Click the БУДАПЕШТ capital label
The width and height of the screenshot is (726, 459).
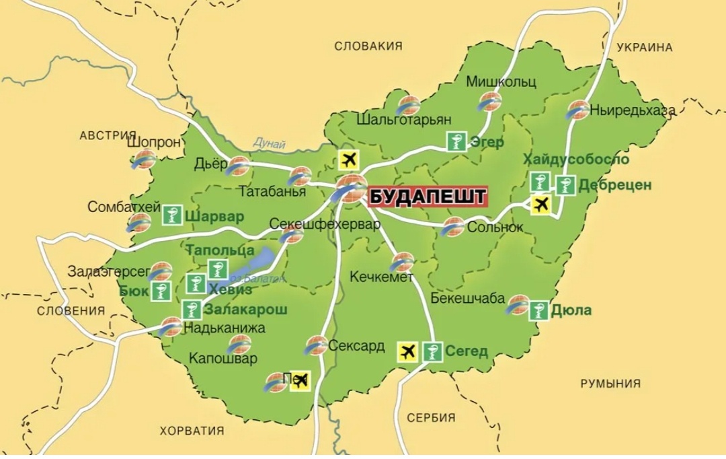pyautogui.click(x=427, y=197)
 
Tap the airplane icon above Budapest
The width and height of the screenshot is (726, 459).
pyautogui.click(x=349, y=160)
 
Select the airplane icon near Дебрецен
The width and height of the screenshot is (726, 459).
pyautogui.click(x=540, y=204)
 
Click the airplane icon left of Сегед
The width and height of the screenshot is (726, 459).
pyautogui.click(x=407, y=351)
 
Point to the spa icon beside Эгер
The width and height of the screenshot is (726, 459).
pyautogui.click(x=456, y=142)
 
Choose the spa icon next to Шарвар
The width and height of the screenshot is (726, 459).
pyautogui.click(x=172, y=216)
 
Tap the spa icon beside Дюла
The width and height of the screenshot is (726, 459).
pyautogui.click(x=538, y=311)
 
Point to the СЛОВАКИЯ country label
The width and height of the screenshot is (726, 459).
pyautogui.click(x=368, y=46)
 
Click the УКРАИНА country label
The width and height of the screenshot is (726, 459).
pyautogui.click(x=644, y=47)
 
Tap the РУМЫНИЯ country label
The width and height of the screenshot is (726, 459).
pyautogui.click(x=610, y=383)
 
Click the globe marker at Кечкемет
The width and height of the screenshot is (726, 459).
pyautogui.click(x=402, y=261)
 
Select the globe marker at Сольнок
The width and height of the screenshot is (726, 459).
pyautogui.click(x=452, y=227)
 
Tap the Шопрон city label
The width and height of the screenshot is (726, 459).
pyautogui.click(x=153, y=143)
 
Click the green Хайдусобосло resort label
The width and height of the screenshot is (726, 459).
pyautogui.click(x=576, y=160)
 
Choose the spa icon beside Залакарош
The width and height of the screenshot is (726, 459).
pyautogui.click(x=192, y=310)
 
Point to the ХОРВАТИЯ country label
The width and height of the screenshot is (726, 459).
pyautogui.click(x=192, y=431)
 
